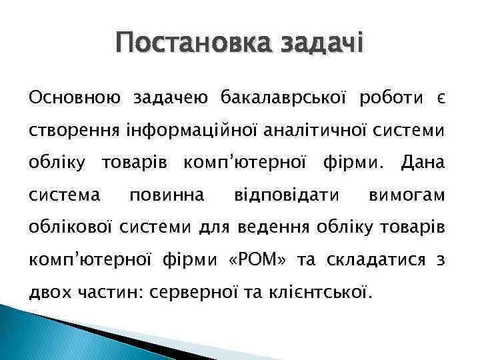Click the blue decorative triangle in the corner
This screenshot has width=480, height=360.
(40, 337)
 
